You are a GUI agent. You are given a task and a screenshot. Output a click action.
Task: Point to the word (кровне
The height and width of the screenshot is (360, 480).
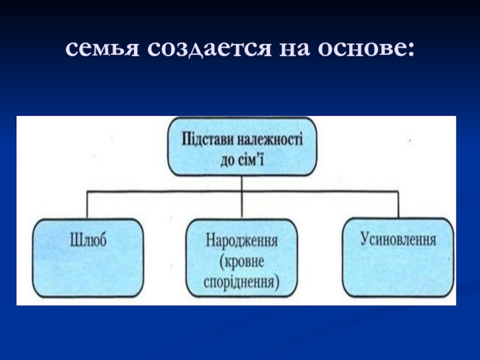[241, 262]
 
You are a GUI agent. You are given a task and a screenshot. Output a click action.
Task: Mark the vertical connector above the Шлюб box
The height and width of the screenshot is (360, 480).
[88, 205]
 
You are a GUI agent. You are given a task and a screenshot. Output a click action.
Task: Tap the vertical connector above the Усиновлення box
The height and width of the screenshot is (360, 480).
[398, 205]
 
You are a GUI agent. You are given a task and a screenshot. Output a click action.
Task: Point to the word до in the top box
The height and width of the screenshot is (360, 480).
[229, 160]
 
